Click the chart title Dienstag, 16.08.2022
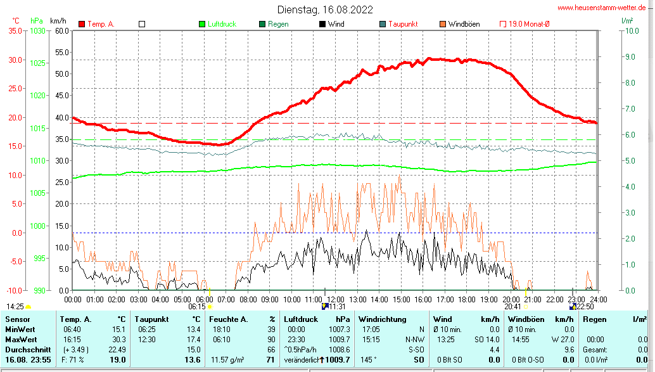(325, 10)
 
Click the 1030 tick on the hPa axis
(37, 30)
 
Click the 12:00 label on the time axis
(335, 299)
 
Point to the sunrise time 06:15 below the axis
(197, 306)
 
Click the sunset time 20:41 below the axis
(512, 306)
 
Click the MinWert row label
(20, 329)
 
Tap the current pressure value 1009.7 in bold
(338, 359)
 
